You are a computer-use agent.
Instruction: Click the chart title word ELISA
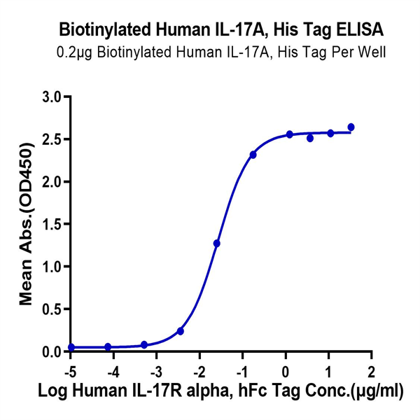tap(353, 31)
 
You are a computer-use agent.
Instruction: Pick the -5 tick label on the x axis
tap(69, 369)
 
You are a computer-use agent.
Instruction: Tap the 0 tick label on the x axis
tap(286, 369)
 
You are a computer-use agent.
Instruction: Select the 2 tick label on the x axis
tap(372, 369)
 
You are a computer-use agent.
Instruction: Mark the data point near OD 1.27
tap(217, 244)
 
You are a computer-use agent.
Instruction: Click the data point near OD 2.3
tap(253, 155)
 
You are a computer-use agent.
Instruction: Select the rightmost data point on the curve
tap(351, 127)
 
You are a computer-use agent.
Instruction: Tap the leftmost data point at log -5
tap(71, 347)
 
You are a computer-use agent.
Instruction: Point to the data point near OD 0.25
tap(181, 331)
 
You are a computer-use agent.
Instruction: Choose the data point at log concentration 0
tap(289, 134)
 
